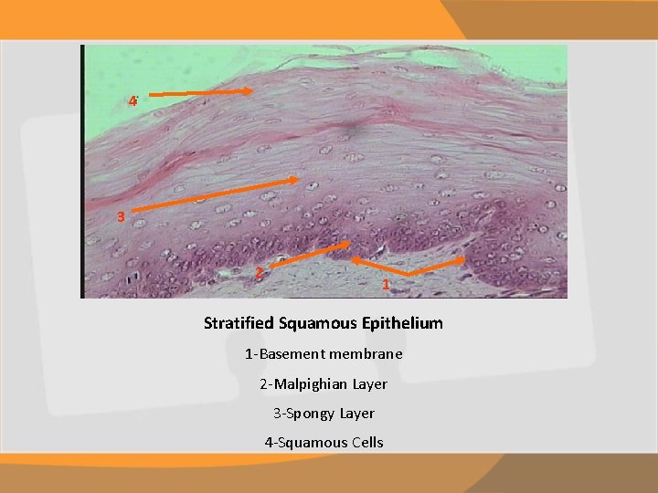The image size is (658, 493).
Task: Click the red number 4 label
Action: tap(133, 100)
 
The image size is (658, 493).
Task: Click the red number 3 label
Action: tap(121, 217)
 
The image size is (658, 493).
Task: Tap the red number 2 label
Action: tap(259, 273)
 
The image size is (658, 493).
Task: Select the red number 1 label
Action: tap(386, 286)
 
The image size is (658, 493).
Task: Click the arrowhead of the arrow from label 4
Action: tap(254, 93)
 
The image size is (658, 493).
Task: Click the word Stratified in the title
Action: tap(236, 323)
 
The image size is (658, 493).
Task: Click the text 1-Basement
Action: tap(283, 354)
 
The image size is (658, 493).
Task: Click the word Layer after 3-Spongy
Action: tap(357, 414)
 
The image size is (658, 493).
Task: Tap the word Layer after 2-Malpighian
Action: tap(367, 384)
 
